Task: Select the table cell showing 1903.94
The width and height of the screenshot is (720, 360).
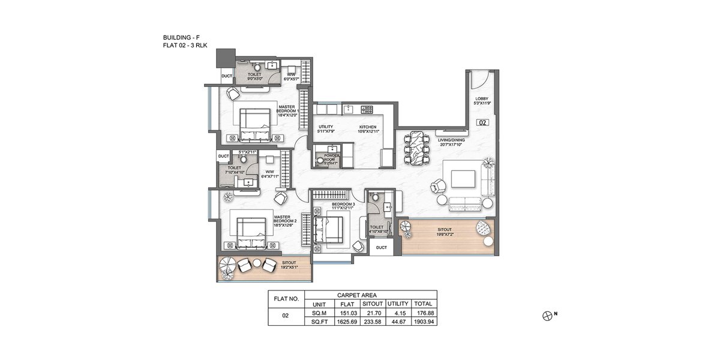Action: [424, 322]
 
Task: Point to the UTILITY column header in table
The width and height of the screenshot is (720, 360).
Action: [397, 304]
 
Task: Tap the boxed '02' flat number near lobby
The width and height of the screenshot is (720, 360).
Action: [482, 122]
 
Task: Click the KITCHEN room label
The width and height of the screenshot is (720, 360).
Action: [368, 127]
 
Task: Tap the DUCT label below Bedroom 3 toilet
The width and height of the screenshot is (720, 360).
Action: [382, 247]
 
